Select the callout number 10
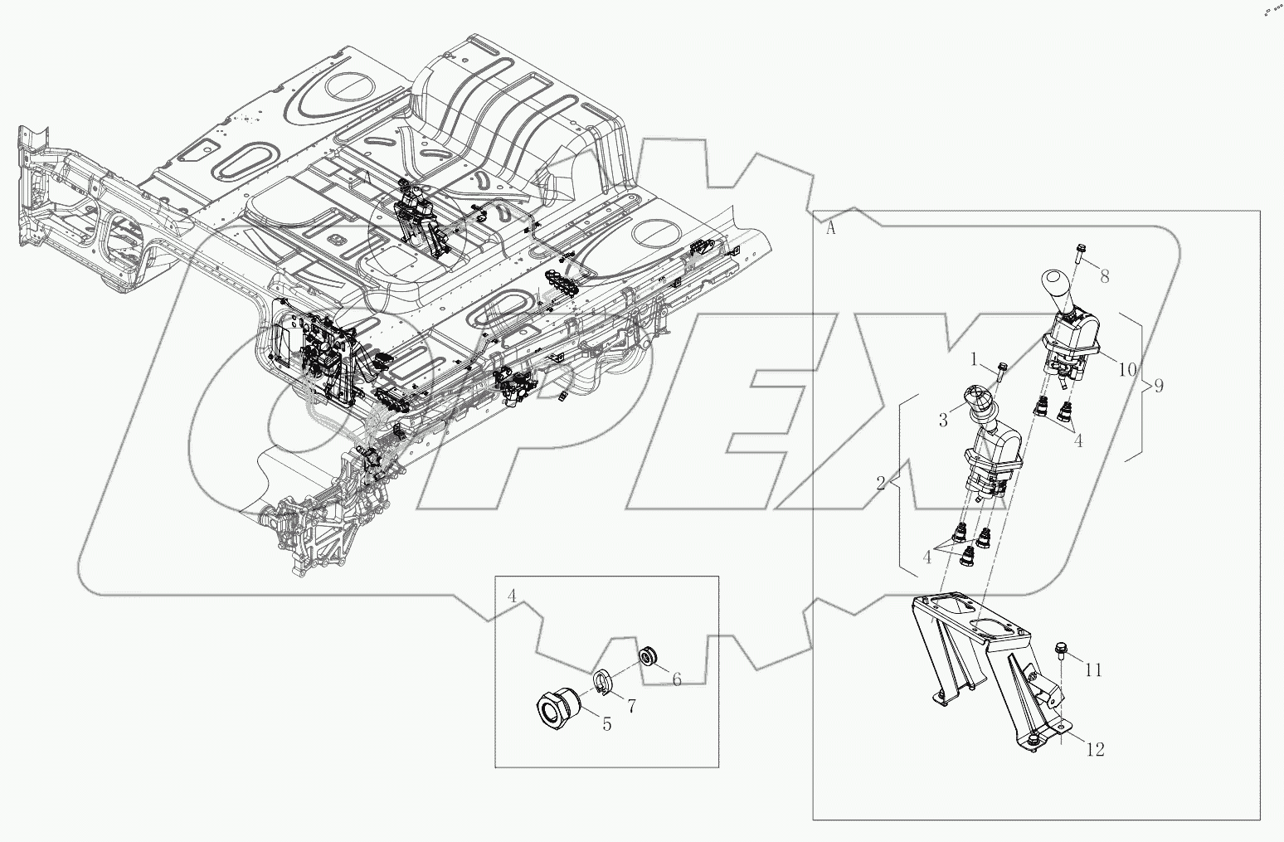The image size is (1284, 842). click(x=1126, y=369)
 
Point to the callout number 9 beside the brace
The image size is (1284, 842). click(x=1158, y=386)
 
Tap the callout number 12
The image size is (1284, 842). click(x=1095, y=750)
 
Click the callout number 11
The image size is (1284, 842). click(x=1093, y=669)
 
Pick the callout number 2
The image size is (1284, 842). click(x=880, y=483)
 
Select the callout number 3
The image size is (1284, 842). click(x=943, y=421)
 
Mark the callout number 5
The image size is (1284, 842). click(x=606, y=724)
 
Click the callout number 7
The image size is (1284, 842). click(x=631, y=706)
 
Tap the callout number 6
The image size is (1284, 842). click(x=676, y=680)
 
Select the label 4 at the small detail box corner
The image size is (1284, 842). click(x=512, y=595)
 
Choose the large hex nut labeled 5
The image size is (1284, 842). click(x=555, y=709)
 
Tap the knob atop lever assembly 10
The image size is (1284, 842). click(x=1055, y=286)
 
